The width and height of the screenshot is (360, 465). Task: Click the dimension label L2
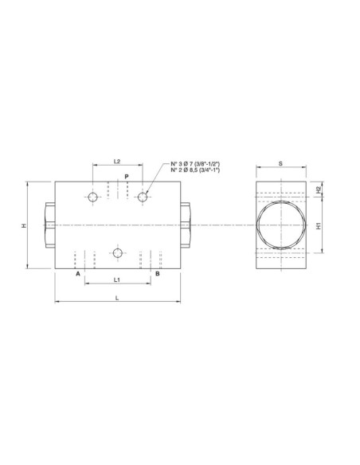(117, 161)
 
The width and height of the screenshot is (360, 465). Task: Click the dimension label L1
(117, 280)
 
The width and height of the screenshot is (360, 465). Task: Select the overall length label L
(118, 298)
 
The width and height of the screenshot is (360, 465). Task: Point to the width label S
(281, 163)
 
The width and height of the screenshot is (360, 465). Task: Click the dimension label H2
(319, 190)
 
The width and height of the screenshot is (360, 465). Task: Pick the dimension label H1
(319, 226)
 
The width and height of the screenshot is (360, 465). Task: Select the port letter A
(78, 274)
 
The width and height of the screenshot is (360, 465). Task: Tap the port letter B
(157, 274)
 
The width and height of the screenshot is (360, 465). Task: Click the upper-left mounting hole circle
(93, 197)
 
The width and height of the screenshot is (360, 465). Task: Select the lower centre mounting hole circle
(118, 253)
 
